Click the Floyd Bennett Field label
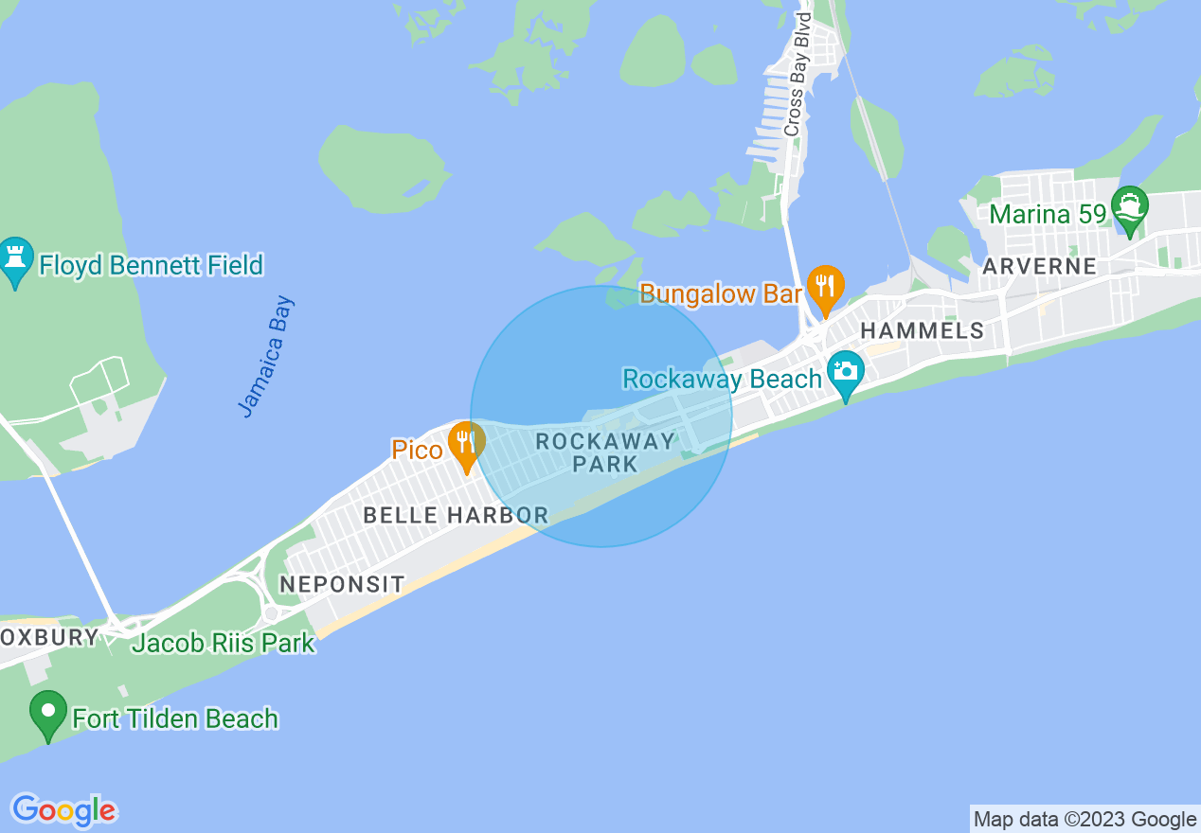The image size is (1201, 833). pos(151,265)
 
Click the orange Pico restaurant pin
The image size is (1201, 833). pos(466,445)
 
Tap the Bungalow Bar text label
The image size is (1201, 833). pos(721,293)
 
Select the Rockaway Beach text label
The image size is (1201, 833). pos(722,380)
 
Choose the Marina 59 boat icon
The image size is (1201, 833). pos(1130,207)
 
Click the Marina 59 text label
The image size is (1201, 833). pos(1048,214)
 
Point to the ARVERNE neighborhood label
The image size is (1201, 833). pos(1039,266)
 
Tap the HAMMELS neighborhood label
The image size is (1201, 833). pos(922,330)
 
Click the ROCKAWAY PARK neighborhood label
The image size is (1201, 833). pos(605,452)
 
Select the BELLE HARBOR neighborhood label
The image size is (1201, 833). pos(456,516)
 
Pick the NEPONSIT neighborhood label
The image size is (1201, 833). pos(342,584)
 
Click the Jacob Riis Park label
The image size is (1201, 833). pos(224,644)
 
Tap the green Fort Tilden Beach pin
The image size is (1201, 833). pos(47,714)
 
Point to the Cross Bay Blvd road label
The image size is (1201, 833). pos(798,75)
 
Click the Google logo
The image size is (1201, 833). pos(64,810)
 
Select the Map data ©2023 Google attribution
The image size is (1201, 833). pos(1084,819)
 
